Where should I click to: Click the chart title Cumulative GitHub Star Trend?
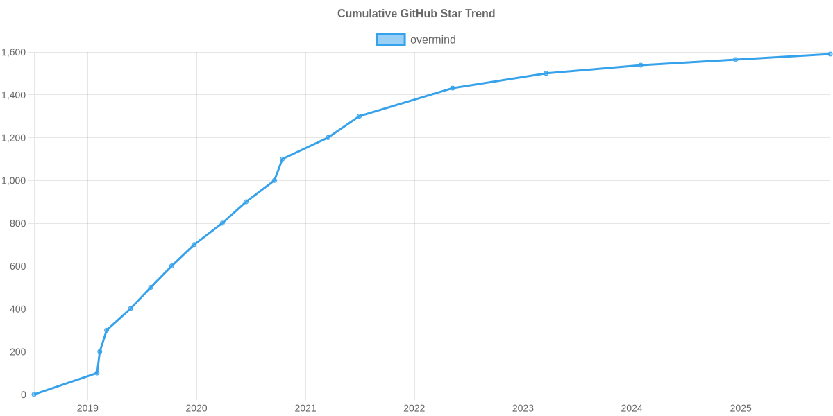pos(416,14)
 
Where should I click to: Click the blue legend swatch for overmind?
pos(390,40)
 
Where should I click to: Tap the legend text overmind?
pos(432,40)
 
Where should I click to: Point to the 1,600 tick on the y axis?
pos(13,53)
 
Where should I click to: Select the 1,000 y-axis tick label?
pos(13,181)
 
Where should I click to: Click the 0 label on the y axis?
pos(24,395)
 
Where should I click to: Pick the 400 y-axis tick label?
pos(18,309)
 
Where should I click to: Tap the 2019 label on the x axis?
pos(87,408)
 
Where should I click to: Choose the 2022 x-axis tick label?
pos(414,408)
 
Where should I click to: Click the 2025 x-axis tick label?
pos(741,408)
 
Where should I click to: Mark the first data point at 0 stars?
pos(33,395)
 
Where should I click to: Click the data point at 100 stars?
pos(97,373)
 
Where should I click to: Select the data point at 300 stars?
pos(106,330)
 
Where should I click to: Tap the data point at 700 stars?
pos(194,245)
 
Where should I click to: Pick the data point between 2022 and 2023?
pos(453,88)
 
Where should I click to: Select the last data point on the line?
pos(830,54)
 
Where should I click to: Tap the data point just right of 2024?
pos(640,65)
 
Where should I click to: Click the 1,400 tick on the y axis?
pos(13,96)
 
